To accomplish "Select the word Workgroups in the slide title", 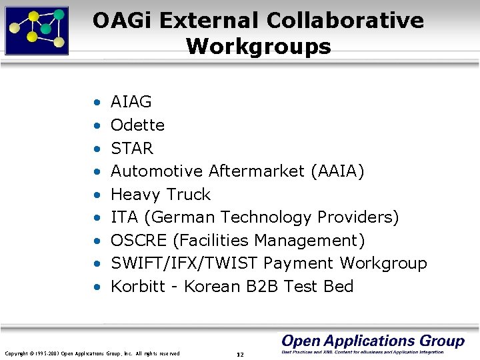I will click(x=258, y=47).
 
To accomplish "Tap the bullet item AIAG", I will click(x=131, y=102).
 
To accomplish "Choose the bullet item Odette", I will click(x=137, y=125).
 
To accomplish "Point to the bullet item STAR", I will click(x=132, y=148).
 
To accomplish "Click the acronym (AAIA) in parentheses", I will click(x=337, y=171).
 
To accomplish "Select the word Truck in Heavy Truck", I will click(x=188, y=195).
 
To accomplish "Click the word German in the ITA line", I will click(x=183, y=217).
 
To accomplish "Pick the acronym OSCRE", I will click(x=137, y=241).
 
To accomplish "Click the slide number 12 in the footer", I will click(x=240, y=354).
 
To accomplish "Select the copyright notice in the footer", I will click(x=92, y=353).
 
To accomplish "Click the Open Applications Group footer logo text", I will click(x=373, y=341).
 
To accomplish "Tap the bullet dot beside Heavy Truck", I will click(x=97, y=195).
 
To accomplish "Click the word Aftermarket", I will click(x=257, y=171).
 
